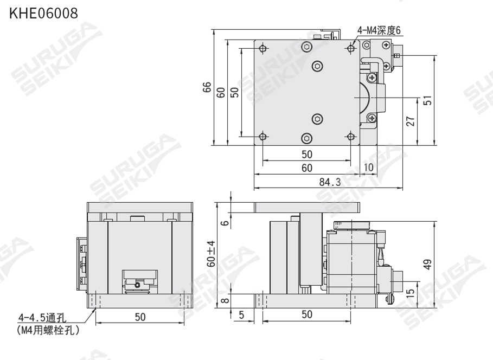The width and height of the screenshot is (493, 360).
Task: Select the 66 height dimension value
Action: (x=207, y=88)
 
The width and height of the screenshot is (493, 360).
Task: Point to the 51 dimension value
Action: (x=427, y=100)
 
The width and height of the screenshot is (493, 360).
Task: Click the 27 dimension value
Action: (x=411, y=121)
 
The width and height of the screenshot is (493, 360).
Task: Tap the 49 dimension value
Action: (x=427, y=265)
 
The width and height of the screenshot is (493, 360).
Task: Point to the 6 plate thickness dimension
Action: (x=224, y=221)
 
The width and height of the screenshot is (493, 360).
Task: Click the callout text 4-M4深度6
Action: (x=379, y=30)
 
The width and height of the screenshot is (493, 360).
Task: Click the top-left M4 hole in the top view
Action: (x=263, y=49)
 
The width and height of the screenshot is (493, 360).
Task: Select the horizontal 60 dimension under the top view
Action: (x=306, y=168)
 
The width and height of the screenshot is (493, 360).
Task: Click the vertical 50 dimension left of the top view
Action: (x=234, y=92)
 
